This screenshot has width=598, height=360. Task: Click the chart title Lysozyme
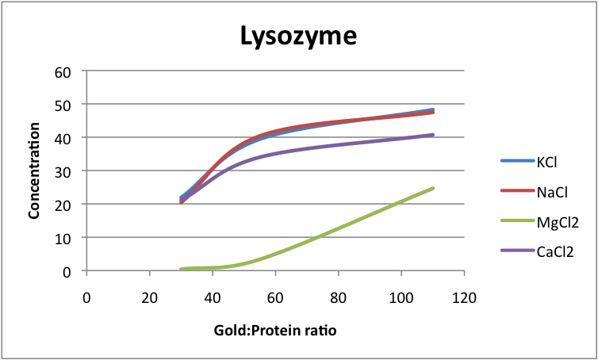pos(299,36)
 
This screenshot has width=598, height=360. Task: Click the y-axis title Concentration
pos(34,170)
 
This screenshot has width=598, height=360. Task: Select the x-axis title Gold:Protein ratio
pos(274,330)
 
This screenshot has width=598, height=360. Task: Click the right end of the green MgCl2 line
pos(433,188)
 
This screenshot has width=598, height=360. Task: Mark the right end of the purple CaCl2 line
pos(433,135)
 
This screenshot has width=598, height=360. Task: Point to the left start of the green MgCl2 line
pos(182,270)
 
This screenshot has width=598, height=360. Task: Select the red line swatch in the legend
pos(510,191)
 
